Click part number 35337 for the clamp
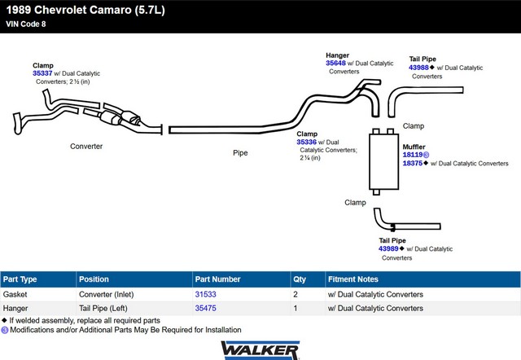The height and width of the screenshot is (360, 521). point(42,73)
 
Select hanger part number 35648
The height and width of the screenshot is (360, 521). point(335,64)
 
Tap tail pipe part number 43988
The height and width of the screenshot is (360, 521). point(418,68)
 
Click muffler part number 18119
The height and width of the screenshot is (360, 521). point(413,155)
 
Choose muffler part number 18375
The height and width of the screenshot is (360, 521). point(413,163)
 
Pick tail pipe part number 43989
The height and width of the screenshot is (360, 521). point(388,248)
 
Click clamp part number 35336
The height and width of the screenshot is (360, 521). point(306,142)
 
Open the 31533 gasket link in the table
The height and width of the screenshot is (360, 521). point(205,294)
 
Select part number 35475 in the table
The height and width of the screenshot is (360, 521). point(205,308)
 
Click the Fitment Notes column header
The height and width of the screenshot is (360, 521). point(352,279)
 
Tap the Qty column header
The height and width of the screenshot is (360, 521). point(300,279)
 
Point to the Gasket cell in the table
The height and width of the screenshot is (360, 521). point(15,294)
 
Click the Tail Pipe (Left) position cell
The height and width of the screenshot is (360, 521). point(103,308)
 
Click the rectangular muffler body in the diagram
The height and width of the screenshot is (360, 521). point(383,162)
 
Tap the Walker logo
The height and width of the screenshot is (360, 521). point(260,350)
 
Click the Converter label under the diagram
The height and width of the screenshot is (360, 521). point(86,147)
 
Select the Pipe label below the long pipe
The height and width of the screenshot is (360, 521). point(240,153)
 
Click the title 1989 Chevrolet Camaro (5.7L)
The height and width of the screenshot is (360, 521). point(85,10)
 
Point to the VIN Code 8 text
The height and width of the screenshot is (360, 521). point(25,24)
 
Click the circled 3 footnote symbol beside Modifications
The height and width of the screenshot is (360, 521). point(5,330)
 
